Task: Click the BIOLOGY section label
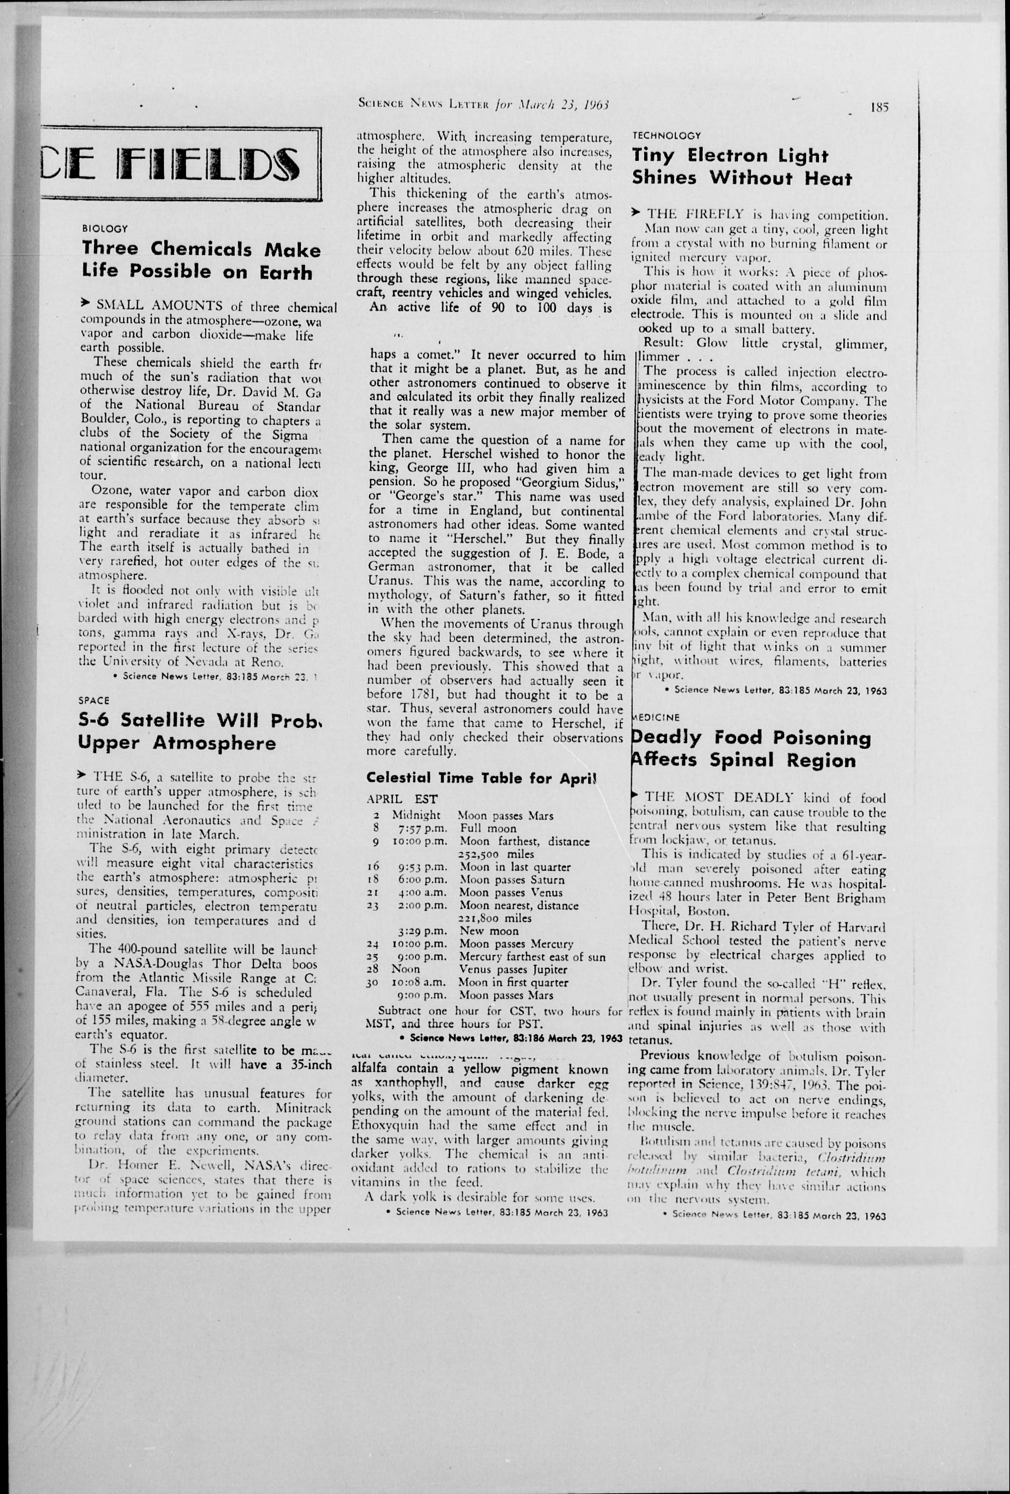coord(105,228)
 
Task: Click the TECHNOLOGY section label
coord(667,136)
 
